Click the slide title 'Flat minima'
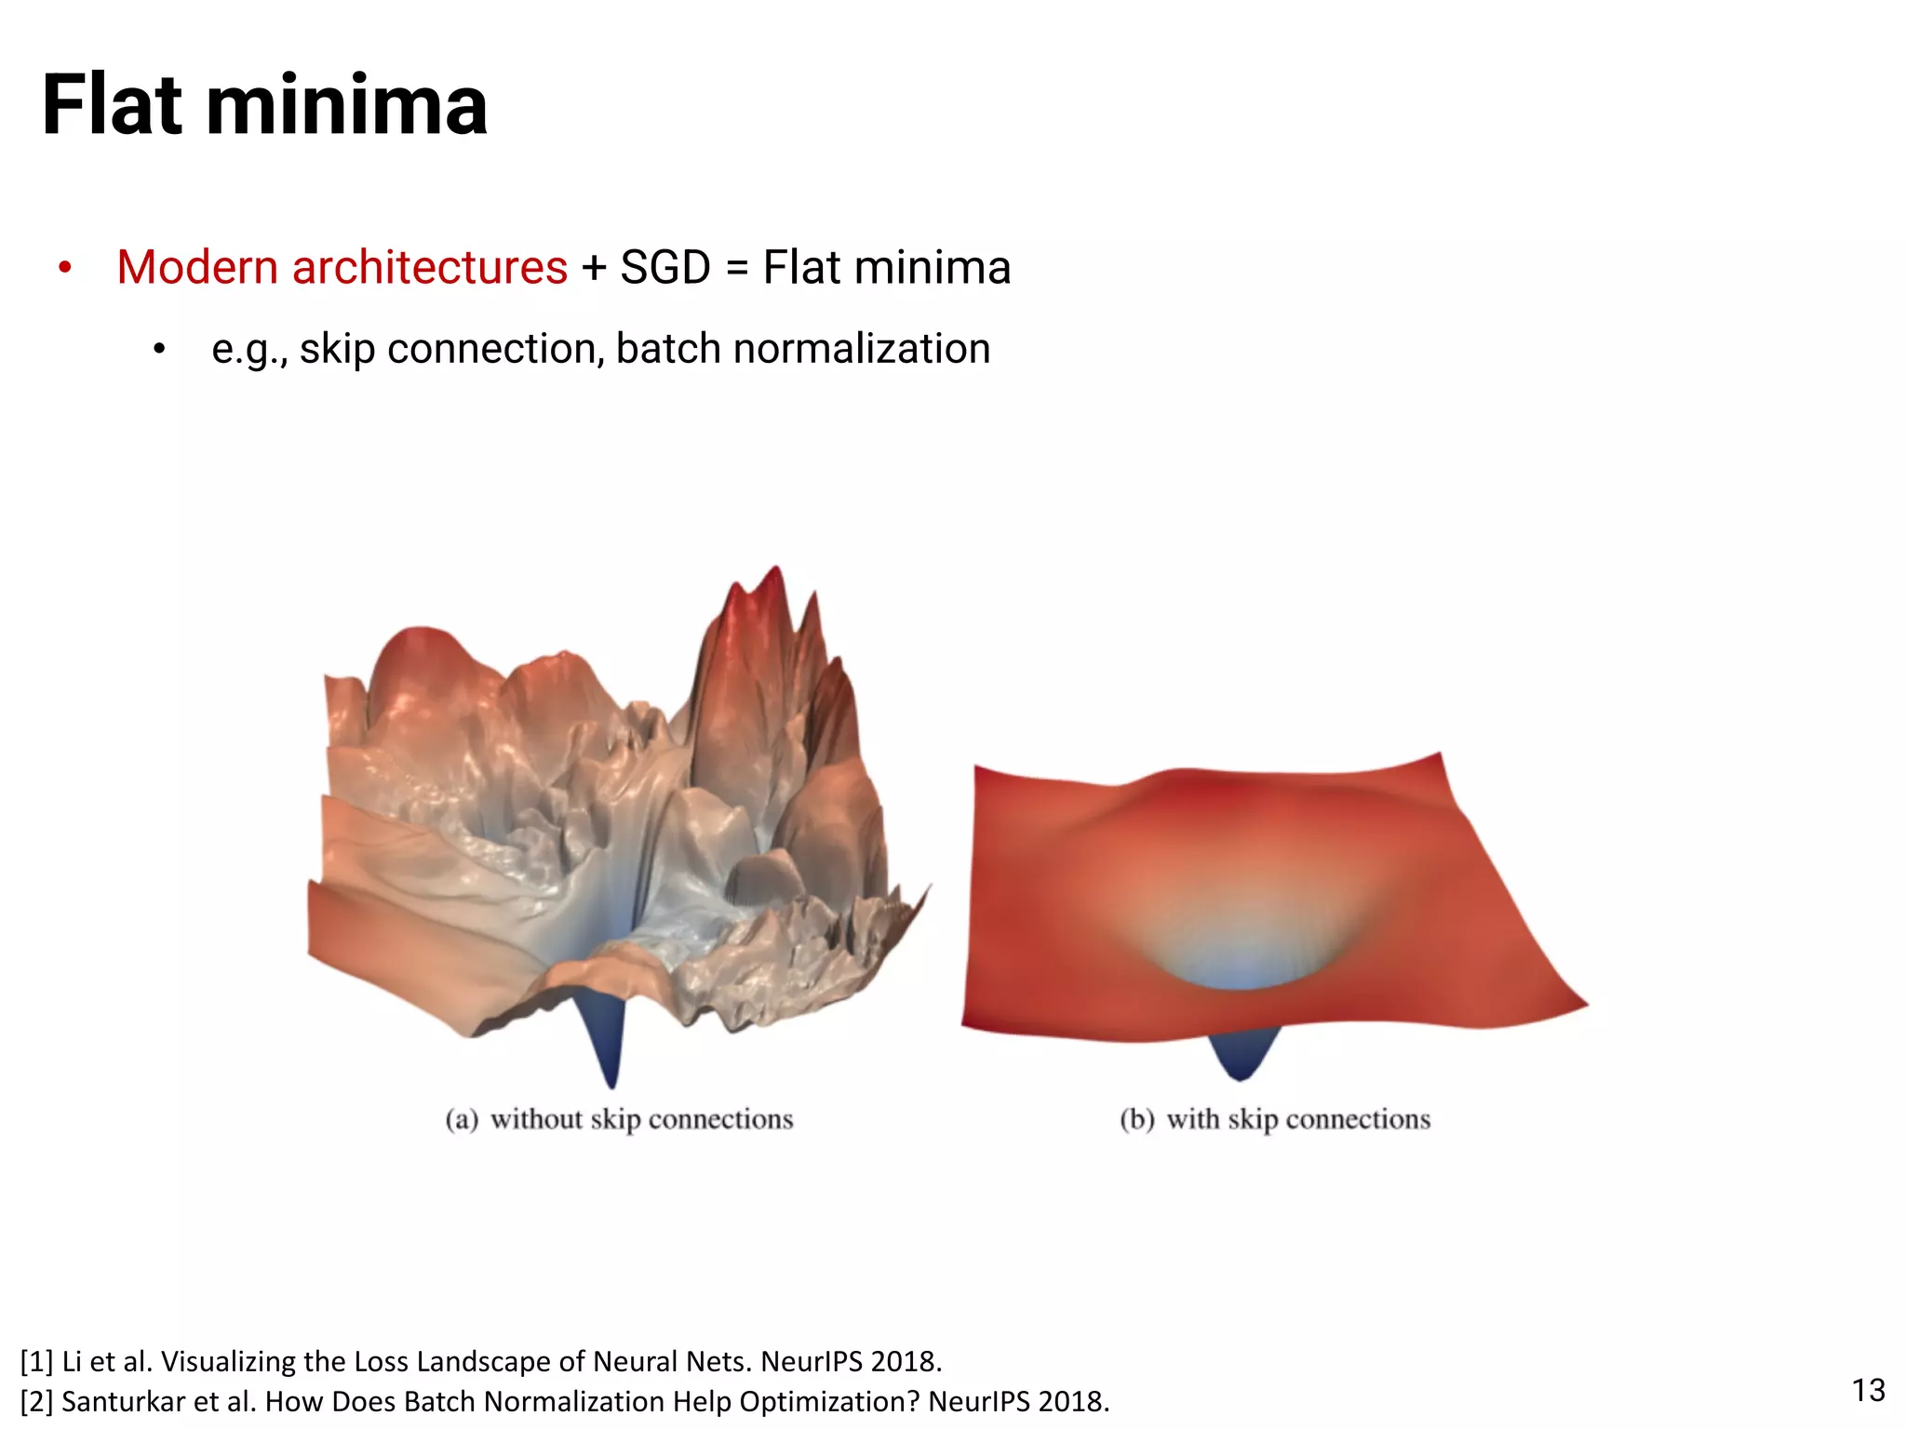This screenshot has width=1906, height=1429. point(264,105)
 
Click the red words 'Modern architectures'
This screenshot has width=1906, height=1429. point(342,268)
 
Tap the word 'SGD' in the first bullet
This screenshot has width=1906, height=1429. point(664,268)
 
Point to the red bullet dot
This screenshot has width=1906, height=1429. point(64,269)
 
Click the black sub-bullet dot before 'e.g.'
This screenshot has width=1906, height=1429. point(159,351)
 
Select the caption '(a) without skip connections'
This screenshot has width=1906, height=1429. point(619,1118)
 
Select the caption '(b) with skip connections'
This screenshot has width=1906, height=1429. point(1274,1118)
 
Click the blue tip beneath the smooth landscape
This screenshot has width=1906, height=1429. point(1240,1075)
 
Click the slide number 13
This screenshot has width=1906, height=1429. point(1868,1390)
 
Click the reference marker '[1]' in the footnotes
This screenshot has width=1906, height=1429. point(36,1361)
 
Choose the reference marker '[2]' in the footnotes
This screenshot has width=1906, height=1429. point(36,1401)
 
